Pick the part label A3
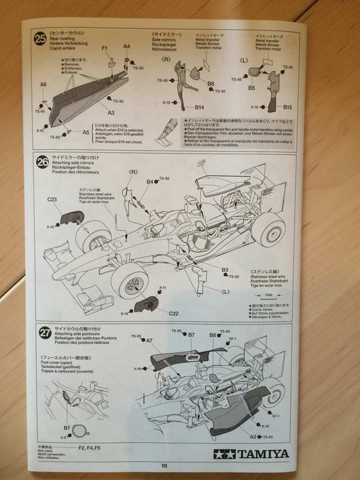pos(111,112)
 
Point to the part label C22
pos(173,313)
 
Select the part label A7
pos(149,340)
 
